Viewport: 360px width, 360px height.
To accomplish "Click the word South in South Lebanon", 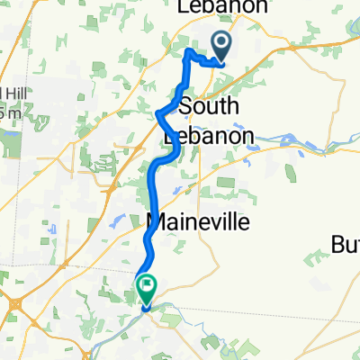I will coord(209,106).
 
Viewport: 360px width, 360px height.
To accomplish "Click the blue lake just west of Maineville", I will coord(115,220).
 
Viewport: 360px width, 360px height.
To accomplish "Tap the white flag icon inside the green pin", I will coord(146,285).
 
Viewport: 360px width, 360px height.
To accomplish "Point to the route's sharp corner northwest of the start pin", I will coord(187,53).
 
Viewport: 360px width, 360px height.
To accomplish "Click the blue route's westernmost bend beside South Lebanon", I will coord(158,113).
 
